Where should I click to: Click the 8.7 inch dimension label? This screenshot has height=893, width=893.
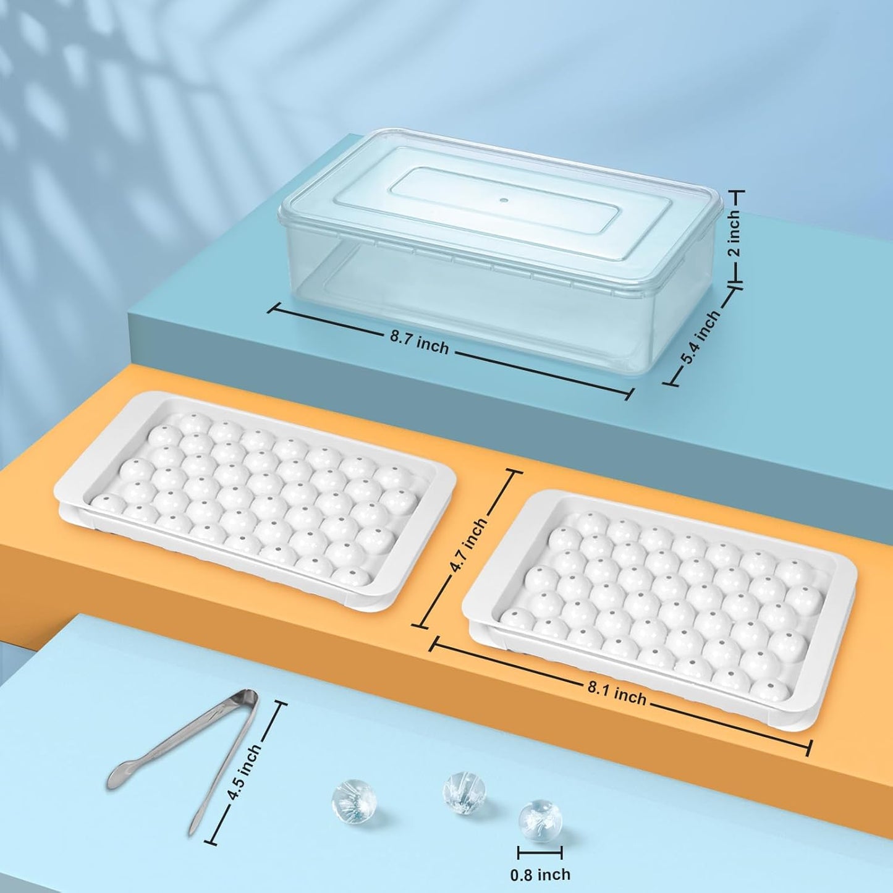(x=420, y=345)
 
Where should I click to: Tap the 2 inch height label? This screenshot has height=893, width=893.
(x=735, y=234)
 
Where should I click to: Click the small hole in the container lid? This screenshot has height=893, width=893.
(x=504, y=201)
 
